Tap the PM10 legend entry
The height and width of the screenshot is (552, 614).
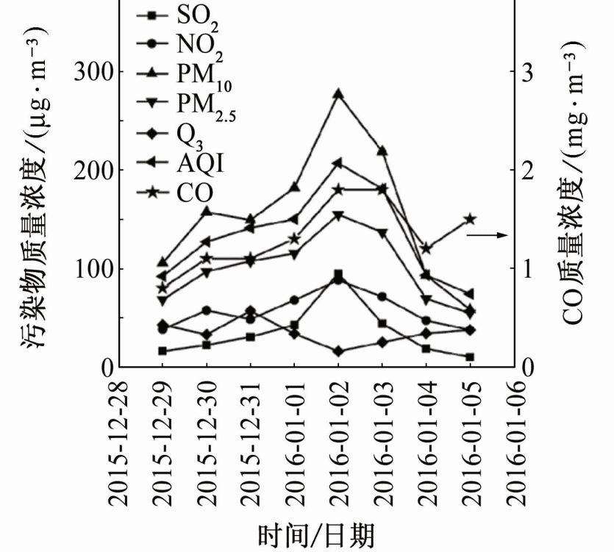coord(184,74)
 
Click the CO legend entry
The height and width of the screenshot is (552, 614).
coord(175,193)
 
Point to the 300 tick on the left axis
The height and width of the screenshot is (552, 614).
coord(93,72)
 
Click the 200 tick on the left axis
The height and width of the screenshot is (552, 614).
coord(93,170)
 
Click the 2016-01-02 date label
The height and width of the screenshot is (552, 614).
coord(338,444)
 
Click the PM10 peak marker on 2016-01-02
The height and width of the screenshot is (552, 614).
coord(338,93)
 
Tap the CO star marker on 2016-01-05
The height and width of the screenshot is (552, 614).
coord(471,219)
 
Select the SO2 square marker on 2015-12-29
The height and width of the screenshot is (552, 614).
coord(163,351)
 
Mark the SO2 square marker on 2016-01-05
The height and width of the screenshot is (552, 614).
coord(471,357)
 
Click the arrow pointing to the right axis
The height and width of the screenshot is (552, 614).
coord(488,235)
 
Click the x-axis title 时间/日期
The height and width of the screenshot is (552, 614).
coord(316,535)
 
